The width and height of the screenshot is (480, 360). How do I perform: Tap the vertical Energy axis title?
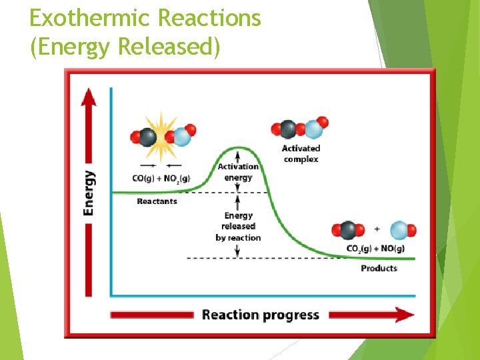pyautogui.click(x=89, y=193)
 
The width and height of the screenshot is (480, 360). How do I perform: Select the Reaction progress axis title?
pyautogui.click(x=261, y=315)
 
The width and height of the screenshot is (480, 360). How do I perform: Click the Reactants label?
pyautogui.click(x=157, y=201)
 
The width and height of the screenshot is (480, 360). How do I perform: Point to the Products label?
pyautogui.click(x=379, y=268)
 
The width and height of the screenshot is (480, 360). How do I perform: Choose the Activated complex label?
pyautogui.click(x=301, y=154)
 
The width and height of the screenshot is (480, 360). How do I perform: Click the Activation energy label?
pyautogui.click(x=238, y=172)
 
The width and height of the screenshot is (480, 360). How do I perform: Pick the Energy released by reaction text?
pyautogui.click(x=238, y=227)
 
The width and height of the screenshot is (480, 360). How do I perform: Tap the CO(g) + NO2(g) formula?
pyautogui.click(x=161, y=178)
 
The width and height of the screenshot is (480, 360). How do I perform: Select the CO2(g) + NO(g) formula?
pyautogui.click(x=375, y=249)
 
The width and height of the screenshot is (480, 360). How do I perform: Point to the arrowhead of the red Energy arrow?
pyautogui.click(x=88, y=97)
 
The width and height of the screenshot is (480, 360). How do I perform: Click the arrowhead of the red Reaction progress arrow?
pyautogui.click(x=403, y=315)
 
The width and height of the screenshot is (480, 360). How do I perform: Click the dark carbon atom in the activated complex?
pyautogui.click(x=287, y=129)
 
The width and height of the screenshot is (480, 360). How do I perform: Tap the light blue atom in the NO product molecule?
pyautogui.click(x=399, y=230)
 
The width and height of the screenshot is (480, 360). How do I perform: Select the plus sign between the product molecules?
pyautogui.click(x=377, y=229)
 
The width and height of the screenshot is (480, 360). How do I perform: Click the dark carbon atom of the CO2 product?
pyautogui.click(x=348, y=231)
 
